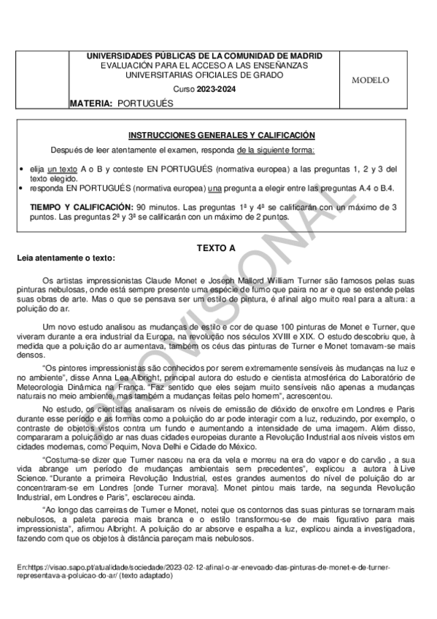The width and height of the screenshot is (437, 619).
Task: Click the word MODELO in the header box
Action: coord(375,80)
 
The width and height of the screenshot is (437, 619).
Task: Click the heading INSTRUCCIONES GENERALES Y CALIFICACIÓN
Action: coord(211,135)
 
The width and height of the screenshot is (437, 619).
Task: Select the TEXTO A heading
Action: coord(216,248)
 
